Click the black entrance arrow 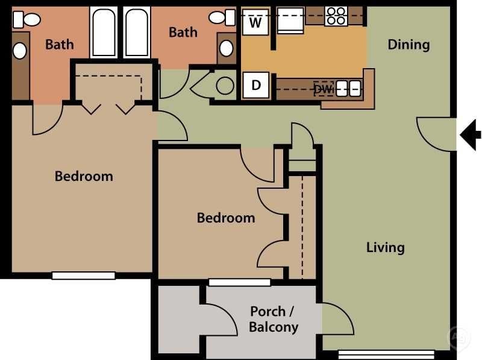click(x=471, y=134)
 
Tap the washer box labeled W click(x=256, y=24)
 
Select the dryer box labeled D click(x=256, y=85)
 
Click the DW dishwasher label click(x=323, y=89)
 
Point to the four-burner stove click(x=336, y=16)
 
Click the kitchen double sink click(x=348, y=89)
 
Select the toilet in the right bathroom click(x=221, y=17)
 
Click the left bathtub click(x=104, y=33)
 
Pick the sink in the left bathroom click(x=20, y=51)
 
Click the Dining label click(x=408, y=45)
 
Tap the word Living click(x=386, y=247)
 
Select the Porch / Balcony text click(x=273, y=320)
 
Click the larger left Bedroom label click(x=84, y=176)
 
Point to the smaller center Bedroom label click(x=226, y=218)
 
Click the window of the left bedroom click(x=83, y=276)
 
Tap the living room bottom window click(x=386, y=354)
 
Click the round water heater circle click(x=225, y=86)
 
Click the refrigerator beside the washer click(x=290, y=24)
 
